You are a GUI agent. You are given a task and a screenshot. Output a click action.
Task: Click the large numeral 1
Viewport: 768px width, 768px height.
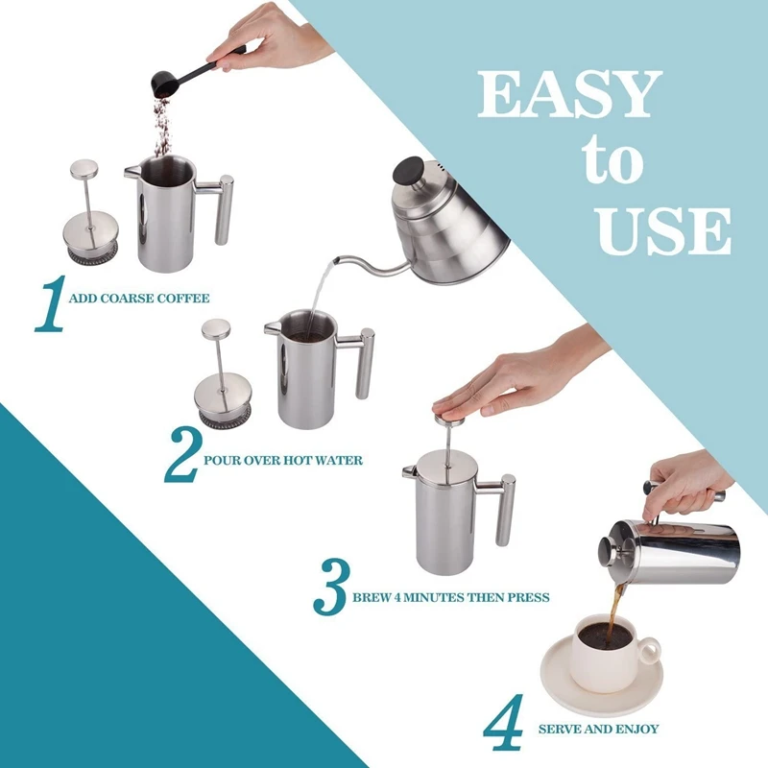point(51,304)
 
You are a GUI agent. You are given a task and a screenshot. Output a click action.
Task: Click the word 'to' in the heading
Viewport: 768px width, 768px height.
point(613,163)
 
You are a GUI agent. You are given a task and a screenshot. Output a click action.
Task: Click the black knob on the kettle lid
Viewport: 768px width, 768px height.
point(410,175)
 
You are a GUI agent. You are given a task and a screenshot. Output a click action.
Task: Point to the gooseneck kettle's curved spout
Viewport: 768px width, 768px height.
point(365,266)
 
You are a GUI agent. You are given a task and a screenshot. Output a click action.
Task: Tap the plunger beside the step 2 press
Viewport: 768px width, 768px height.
point(219,375)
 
